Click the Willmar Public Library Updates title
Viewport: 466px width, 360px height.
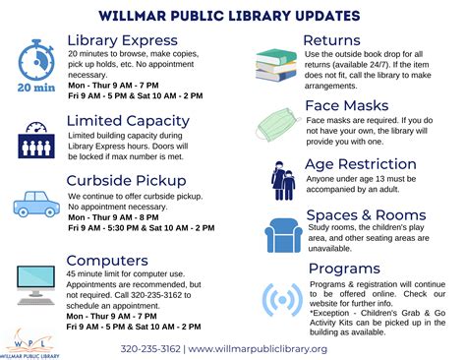(x=232, y=15)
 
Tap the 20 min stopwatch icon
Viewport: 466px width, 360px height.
(x=36, y=64)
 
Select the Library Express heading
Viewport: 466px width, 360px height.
(x=122, y=40)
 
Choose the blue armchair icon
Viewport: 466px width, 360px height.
(x=280, y=235)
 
